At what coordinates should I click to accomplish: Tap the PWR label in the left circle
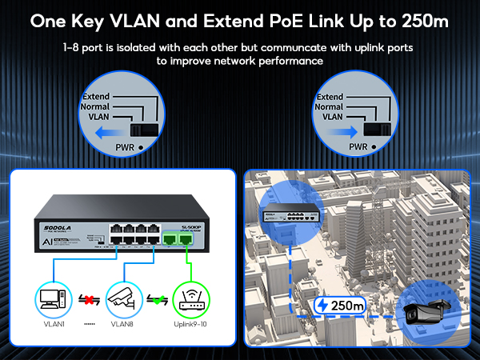(x=122, y=148)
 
